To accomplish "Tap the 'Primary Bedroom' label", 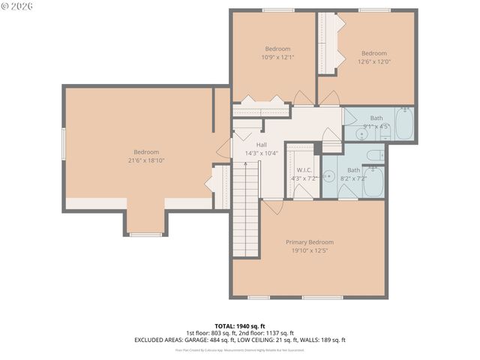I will pyautogui.click(x=309, y=242).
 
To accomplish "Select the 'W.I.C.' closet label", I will pyautogui.click(x=304, y=169).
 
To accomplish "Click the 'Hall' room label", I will pyautogui.click(x=261, y=145).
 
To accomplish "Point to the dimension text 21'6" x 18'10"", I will pyautogui.click(x=146, y=160).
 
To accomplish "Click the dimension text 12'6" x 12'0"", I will pyautogui.click(x=373, y=61).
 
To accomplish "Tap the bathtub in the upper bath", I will pyautogui.click(x=403, y=124).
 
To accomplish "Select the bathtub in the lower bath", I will pyautogui.click(x=373, y=181).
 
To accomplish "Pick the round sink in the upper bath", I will pyautogui.click(x=361, y=134).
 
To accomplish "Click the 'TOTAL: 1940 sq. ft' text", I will pyautogui.click(x=239, y=326).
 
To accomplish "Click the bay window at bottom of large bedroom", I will pyautogui.click(x=145, y=235).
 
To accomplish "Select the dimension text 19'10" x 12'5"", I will pyautogui.click(x=309, y=250).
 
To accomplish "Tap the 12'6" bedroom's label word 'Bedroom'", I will pyautogui.click(x=373, y=53).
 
